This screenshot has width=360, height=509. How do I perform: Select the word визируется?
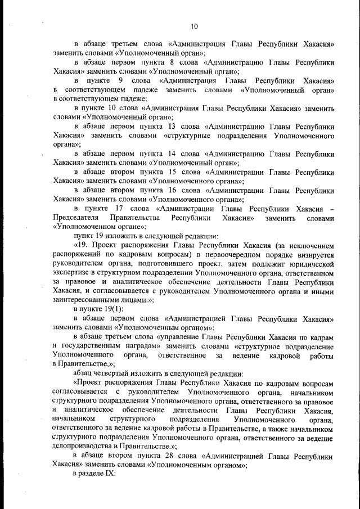(x=311, y=254)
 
